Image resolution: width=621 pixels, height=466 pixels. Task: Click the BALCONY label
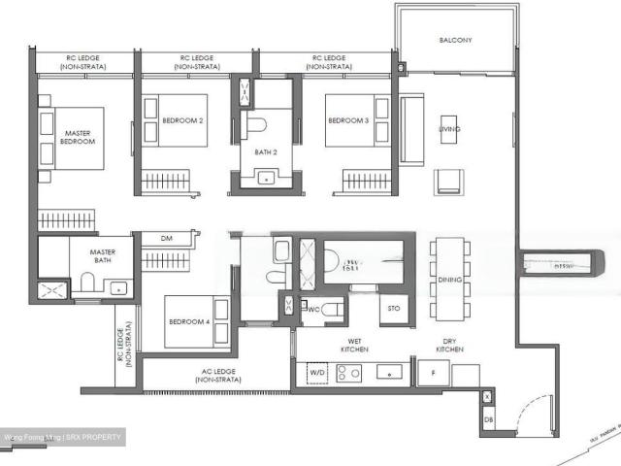[454, 40]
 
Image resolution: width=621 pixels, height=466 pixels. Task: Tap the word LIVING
[449, 129]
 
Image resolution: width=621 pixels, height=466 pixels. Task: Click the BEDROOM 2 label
[182, 120]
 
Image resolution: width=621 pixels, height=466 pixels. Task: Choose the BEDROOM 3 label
[347, 120]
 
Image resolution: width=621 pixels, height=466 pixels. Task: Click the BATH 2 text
[267, 152]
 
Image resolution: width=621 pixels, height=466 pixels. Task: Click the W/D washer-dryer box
[318, 372]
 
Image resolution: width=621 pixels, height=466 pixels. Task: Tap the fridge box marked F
[432, 372]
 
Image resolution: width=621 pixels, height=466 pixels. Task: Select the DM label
[166, 238]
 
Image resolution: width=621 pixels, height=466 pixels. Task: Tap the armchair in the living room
[449, 181]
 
